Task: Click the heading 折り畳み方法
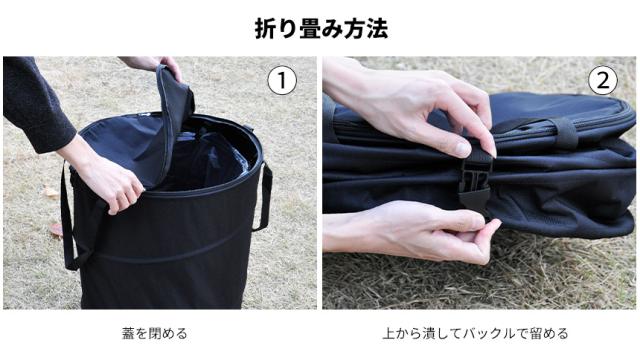point(321,29)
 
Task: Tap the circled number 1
point(282,81)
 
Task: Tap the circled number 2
point(603,80)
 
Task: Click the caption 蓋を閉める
point(155,333)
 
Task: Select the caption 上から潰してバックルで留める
point(476,333)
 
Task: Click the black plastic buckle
point(475,184)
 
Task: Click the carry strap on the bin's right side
point(264,196)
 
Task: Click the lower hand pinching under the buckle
point(412,231)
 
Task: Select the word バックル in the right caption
point(489,333)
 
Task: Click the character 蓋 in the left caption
point(128,333)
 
